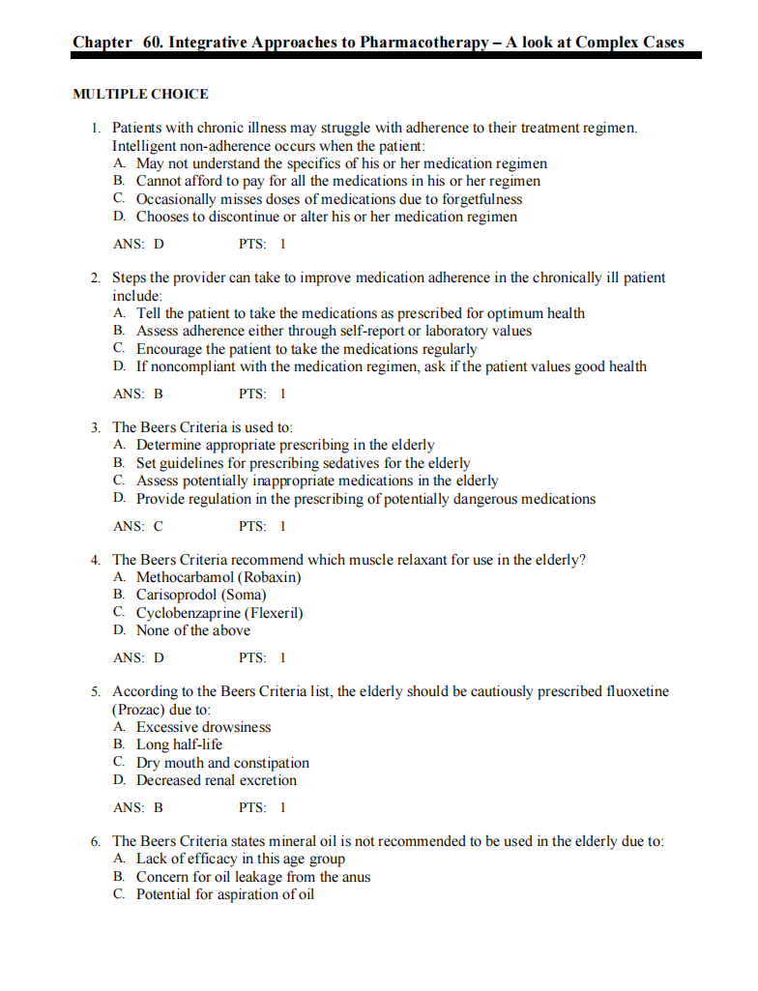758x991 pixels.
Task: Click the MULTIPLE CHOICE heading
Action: coord(140,94)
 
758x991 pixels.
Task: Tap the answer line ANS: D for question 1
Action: coord(138,244)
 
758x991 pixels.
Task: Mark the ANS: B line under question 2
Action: coord(138,393)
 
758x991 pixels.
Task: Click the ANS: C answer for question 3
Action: coord(138,527)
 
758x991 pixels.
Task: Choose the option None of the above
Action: coord(192,630)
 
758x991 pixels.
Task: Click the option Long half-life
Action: coord(179,744)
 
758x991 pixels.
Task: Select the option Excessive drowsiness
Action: coord(203,727)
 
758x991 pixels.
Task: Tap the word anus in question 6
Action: coord(355,877)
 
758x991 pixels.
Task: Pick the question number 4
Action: coord(96,560)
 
